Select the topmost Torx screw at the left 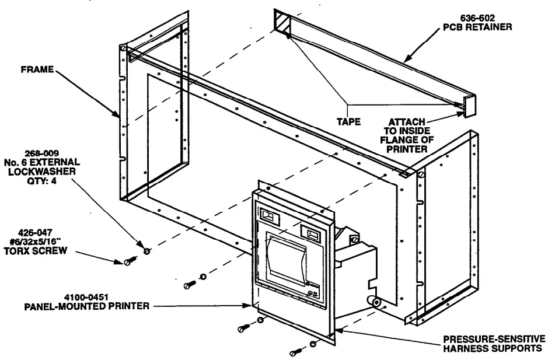coord(130,262)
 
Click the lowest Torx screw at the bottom coord(295,352)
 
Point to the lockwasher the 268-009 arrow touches coord(146,250)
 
